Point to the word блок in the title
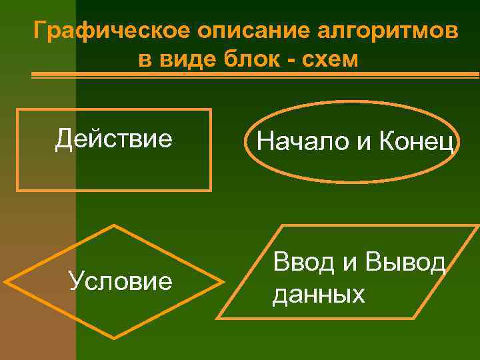pos(243,59)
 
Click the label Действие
pos(114,139)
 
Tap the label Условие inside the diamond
pos(121,282)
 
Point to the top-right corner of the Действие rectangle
pos(211,109)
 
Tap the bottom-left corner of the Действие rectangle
pos(17,191)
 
